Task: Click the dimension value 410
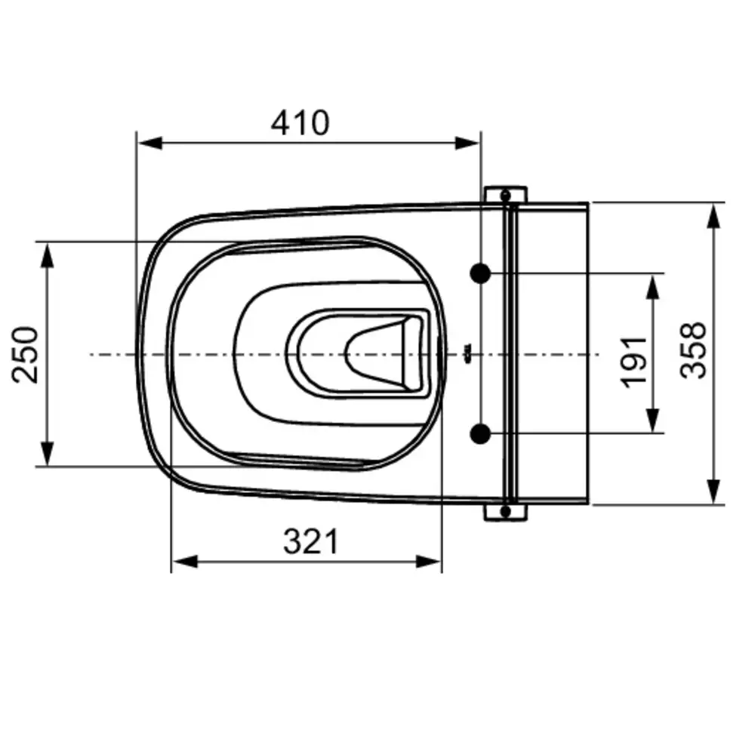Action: [x=300, y=122]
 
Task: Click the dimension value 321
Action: [x=311, y=541]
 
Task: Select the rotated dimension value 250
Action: [x=28, y=354]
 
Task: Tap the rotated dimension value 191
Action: [x=635, y=360]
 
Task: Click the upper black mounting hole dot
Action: [x=480, y=273]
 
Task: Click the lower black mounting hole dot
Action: [x=480, y=433]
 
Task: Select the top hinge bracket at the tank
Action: [x=506, y=195]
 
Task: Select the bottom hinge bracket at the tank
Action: [x=506, y=513]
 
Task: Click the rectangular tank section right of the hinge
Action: [x=553, y=353]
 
